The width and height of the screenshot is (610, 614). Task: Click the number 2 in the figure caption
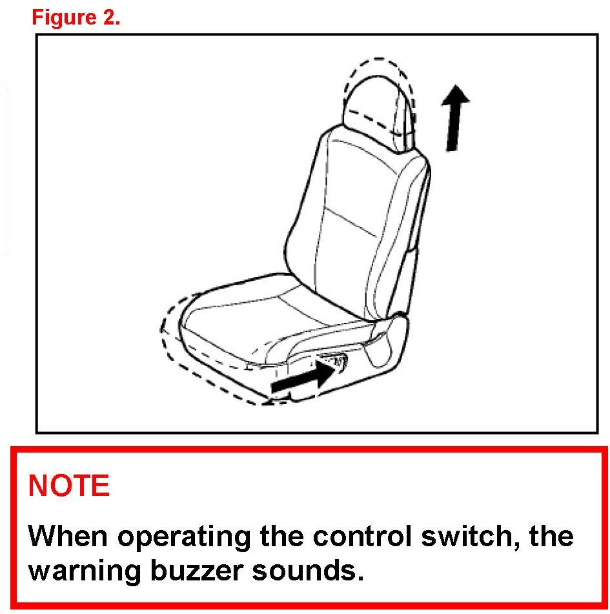(x=110, y=17)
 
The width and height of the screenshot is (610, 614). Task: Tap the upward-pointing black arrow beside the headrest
(x=454, y=118)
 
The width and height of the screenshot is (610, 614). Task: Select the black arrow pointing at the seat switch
(x=303, y=376)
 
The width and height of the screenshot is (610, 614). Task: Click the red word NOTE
(x=69, y=486)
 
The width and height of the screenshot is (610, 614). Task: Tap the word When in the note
(x=68, y=536)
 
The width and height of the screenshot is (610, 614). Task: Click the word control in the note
(x=362, y=536)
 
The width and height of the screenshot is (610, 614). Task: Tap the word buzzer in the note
(x=196, y=571)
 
